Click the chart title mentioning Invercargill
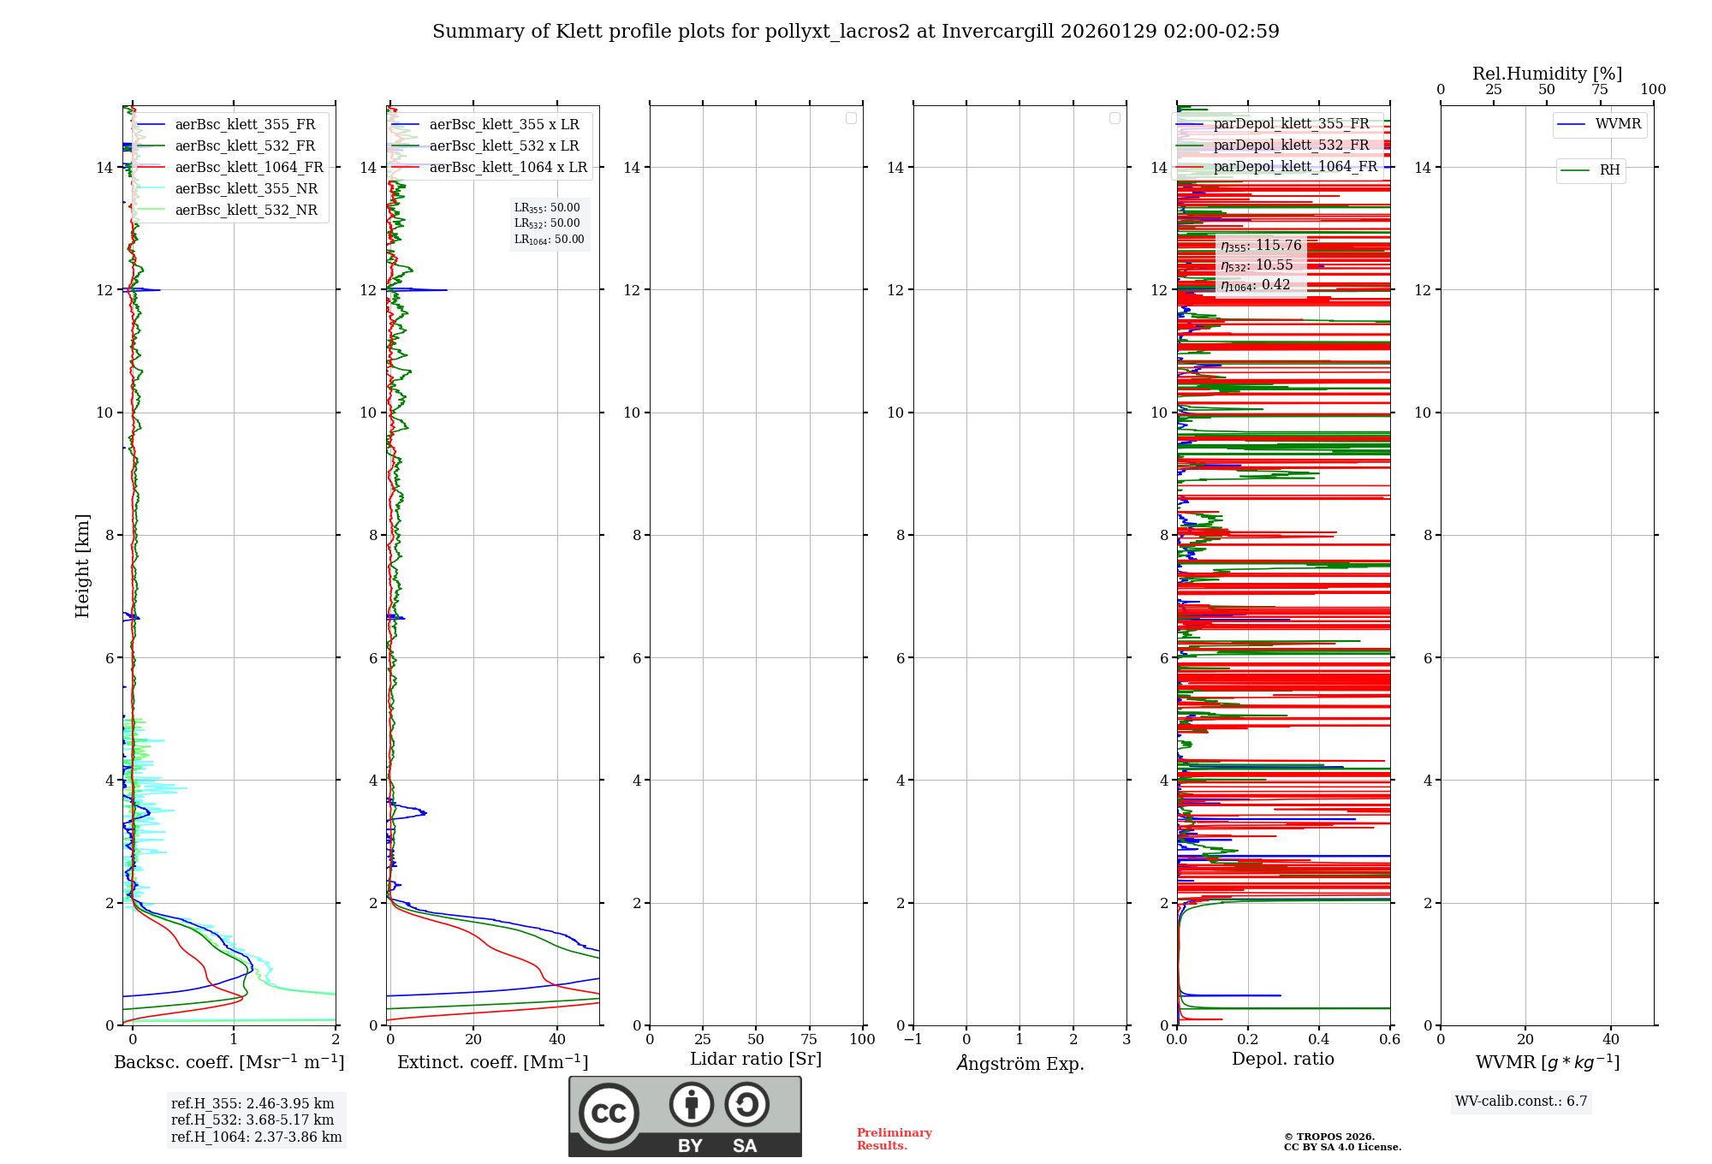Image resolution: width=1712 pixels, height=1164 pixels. click(x=855, y=32)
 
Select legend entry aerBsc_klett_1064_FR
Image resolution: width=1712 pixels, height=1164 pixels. click(x=248, y=168)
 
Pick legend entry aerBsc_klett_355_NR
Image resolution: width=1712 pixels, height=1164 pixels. click(x=246, y=189)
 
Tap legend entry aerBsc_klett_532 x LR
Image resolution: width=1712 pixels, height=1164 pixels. click(x=503, y=146)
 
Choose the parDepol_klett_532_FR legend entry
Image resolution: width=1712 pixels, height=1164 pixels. click(x=1290, y=145)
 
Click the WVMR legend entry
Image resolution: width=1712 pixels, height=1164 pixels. click(x=1617, y=124)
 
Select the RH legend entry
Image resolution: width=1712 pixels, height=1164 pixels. click(x=1609, y=170)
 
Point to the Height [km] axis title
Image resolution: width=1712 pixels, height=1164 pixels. click(x=82, y=565)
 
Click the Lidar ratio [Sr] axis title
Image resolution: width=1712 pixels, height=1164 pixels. click(x=755, y=1060)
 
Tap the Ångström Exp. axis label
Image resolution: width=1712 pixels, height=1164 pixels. click(x=1019, y=1064)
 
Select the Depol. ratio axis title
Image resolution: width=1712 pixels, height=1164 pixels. click(x=1282, y=1060)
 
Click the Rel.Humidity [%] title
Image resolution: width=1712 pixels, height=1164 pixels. click(x=1547, y=74)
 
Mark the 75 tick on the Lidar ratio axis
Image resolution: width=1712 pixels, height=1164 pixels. click(x=809, y=1040)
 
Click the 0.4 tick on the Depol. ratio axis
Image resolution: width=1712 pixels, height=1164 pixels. click(x=1318, y=1040)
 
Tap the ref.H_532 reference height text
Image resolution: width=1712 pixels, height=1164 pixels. click(x=253, y=1120)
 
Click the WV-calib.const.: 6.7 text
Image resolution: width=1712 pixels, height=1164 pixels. click(x=1521, y=1102)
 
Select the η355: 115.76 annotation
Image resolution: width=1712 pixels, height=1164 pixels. click(x=1261, y=246)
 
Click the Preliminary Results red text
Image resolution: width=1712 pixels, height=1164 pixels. click(x=894, y=1139)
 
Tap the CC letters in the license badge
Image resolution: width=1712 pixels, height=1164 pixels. click(x=609, y=1114)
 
